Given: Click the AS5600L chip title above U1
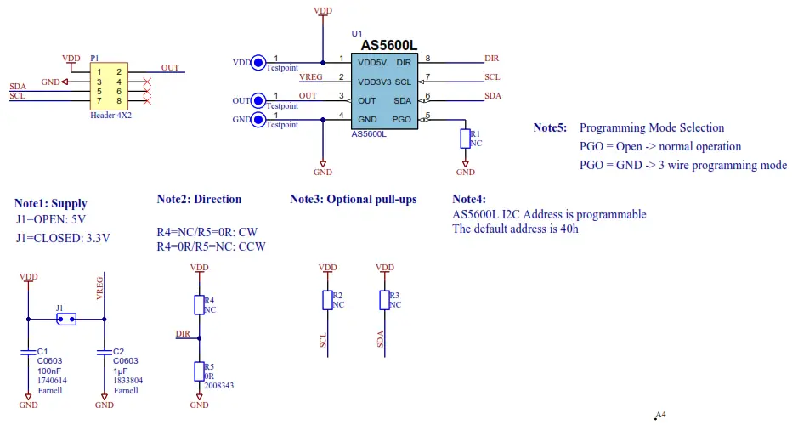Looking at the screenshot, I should coord(389,46).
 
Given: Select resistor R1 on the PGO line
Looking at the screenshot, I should coord(465,139).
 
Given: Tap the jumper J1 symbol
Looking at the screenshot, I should coord(65,320).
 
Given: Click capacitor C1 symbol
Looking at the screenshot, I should coord(29,350).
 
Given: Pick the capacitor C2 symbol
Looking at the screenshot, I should coord(105,350).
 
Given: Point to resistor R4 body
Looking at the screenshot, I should coord(199,305).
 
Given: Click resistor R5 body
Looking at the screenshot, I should coord(199,371).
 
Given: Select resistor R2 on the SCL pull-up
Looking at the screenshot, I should coord(327,300).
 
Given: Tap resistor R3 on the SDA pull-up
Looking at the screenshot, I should coord(384,300).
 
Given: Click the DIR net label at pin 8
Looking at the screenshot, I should coord(491,59).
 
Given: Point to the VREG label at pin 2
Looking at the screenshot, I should coord(310,77).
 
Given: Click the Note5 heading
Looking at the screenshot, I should coord(549,128).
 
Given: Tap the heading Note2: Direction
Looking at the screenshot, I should coord(199,200).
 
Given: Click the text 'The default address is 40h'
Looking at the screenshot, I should coord(515,229).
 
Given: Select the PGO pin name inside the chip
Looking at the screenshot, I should coord(402,119).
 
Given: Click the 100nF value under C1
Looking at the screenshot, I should coord(49,371).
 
